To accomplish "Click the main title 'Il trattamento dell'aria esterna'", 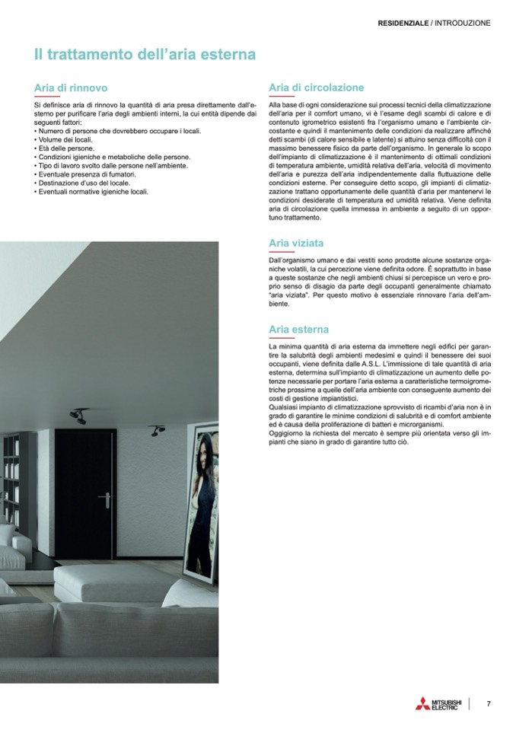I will click(145, 55).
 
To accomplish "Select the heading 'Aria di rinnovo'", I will click(71, 88).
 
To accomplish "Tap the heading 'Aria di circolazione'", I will click(317, 88).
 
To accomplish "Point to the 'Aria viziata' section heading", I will click(296, 243).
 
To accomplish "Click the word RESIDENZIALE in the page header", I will click(403, 23).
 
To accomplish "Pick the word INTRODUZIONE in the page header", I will click(462, 23).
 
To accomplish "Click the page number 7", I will click(489, 703).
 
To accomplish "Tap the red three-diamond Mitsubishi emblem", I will click(422, 703).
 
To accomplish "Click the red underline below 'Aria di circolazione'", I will click(282, 97).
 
